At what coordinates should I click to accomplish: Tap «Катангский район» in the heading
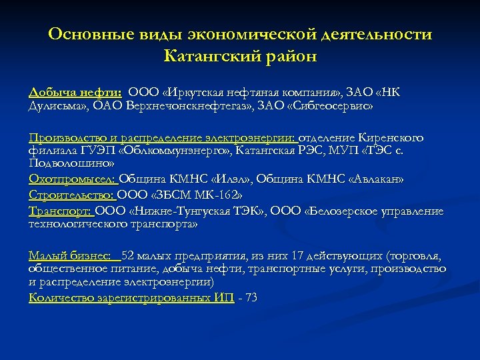240,56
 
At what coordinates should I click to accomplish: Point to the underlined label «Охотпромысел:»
72,179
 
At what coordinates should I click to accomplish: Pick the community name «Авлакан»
373,179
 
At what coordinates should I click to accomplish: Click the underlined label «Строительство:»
72,195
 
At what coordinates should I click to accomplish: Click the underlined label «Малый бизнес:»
70,256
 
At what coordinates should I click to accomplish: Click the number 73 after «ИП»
251,297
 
